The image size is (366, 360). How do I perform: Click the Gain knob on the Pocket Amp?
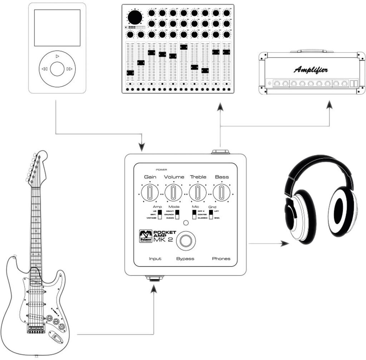click(150, 192)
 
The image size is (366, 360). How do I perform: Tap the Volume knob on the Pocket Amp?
click(173, 192)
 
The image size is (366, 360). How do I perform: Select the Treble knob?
click(198, 192)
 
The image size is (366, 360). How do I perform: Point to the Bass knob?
click(222, 192)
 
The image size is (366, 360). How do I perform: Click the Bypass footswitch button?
click(186, 240)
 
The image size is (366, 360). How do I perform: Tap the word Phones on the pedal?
click(221, 259)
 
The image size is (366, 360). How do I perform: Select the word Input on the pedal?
click(155, 259)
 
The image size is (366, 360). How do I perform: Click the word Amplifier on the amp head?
click(311, 70)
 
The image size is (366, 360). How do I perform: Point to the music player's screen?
click(57, 28)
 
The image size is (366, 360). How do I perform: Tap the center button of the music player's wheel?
click(57, 69)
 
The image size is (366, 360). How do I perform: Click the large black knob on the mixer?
click(135, 17)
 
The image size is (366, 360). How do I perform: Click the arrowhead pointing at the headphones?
click(285, 244)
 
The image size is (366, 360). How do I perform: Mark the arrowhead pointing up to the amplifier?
click(329, 105)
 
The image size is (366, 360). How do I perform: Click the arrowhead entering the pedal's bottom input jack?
click(154, 288)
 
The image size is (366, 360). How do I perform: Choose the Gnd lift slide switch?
click(211, 214)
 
